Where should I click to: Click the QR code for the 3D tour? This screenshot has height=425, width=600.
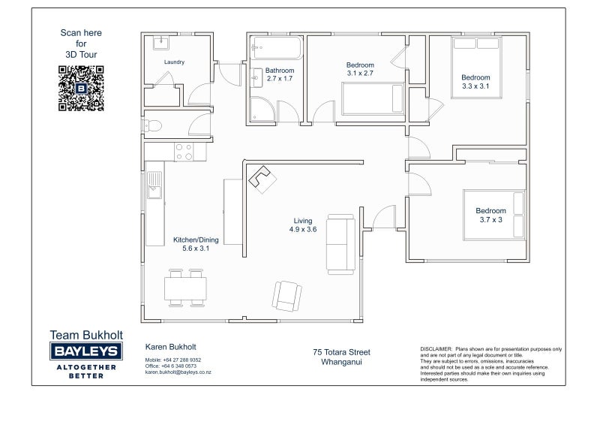tap(81, 88)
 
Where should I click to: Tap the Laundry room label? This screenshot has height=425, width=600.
tap(174, 62)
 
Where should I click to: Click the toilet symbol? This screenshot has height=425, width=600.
tap(153, 125)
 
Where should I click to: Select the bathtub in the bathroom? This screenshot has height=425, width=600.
tap(277, 47)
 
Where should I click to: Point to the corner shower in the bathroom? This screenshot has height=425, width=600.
tap(262, 109)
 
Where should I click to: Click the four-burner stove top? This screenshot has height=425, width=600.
tap(184, 152)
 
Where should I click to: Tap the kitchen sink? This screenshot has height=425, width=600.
tap(155, 185)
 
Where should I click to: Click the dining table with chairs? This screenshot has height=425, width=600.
tap(185, 288)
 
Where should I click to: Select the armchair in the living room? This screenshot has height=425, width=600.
tap(287, 296)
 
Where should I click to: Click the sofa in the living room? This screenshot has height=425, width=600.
tap(340, 244)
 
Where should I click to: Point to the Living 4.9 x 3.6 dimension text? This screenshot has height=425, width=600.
tap(303, 225)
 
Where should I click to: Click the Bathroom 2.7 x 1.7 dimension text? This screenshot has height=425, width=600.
tap(280, 74)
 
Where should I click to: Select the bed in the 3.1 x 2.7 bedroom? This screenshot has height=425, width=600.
tap(373, 98)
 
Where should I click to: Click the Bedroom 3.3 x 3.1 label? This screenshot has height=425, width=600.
tap(475, 82)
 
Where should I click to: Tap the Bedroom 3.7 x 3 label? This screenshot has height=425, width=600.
tap(491, 215)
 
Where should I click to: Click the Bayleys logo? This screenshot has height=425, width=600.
tap(86, 351)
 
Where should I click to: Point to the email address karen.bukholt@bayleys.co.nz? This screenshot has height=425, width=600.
tap(178, 372)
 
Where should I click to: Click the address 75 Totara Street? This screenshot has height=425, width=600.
tap(342, 352)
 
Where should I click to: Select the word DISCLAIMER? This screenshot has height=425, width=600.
tap(436, 349)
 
